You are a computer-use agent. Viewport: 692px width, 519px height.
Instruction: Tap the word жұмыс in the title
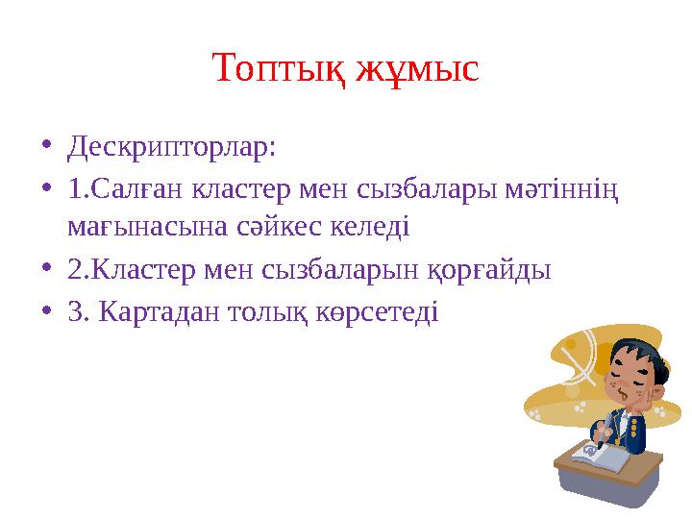[417, 69]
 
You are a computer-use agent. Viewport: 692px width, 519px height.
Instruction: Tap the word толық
[272, 311]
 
